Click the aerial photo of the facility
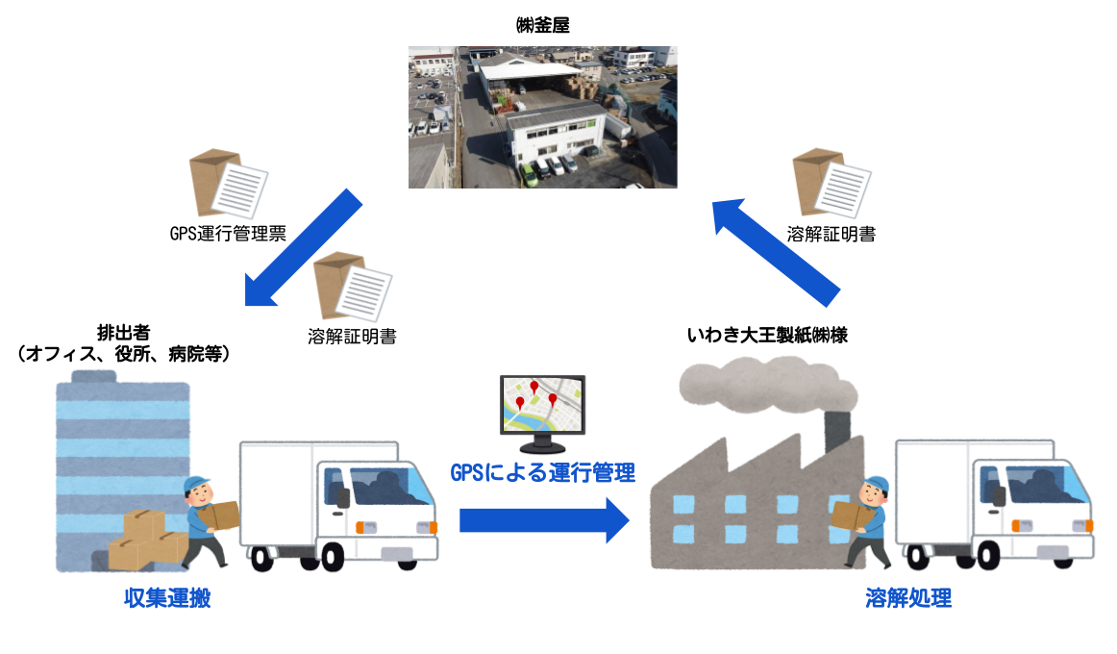(542, 116)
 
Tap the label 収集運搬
(167, 598)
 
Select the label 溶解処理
(908, 598)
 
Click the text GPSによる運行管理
(543, 472)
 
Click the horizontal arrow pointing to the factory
(543, 520)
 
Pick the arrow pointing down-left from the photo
(303, 248)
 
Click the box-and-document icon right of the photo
(832, 182)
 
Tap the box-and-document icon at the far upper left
(228, 183)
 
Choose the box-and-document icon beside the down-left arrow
(352, 286)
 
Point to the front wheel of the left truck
(330, 557)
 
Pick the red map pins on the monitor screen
(535, 394)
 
